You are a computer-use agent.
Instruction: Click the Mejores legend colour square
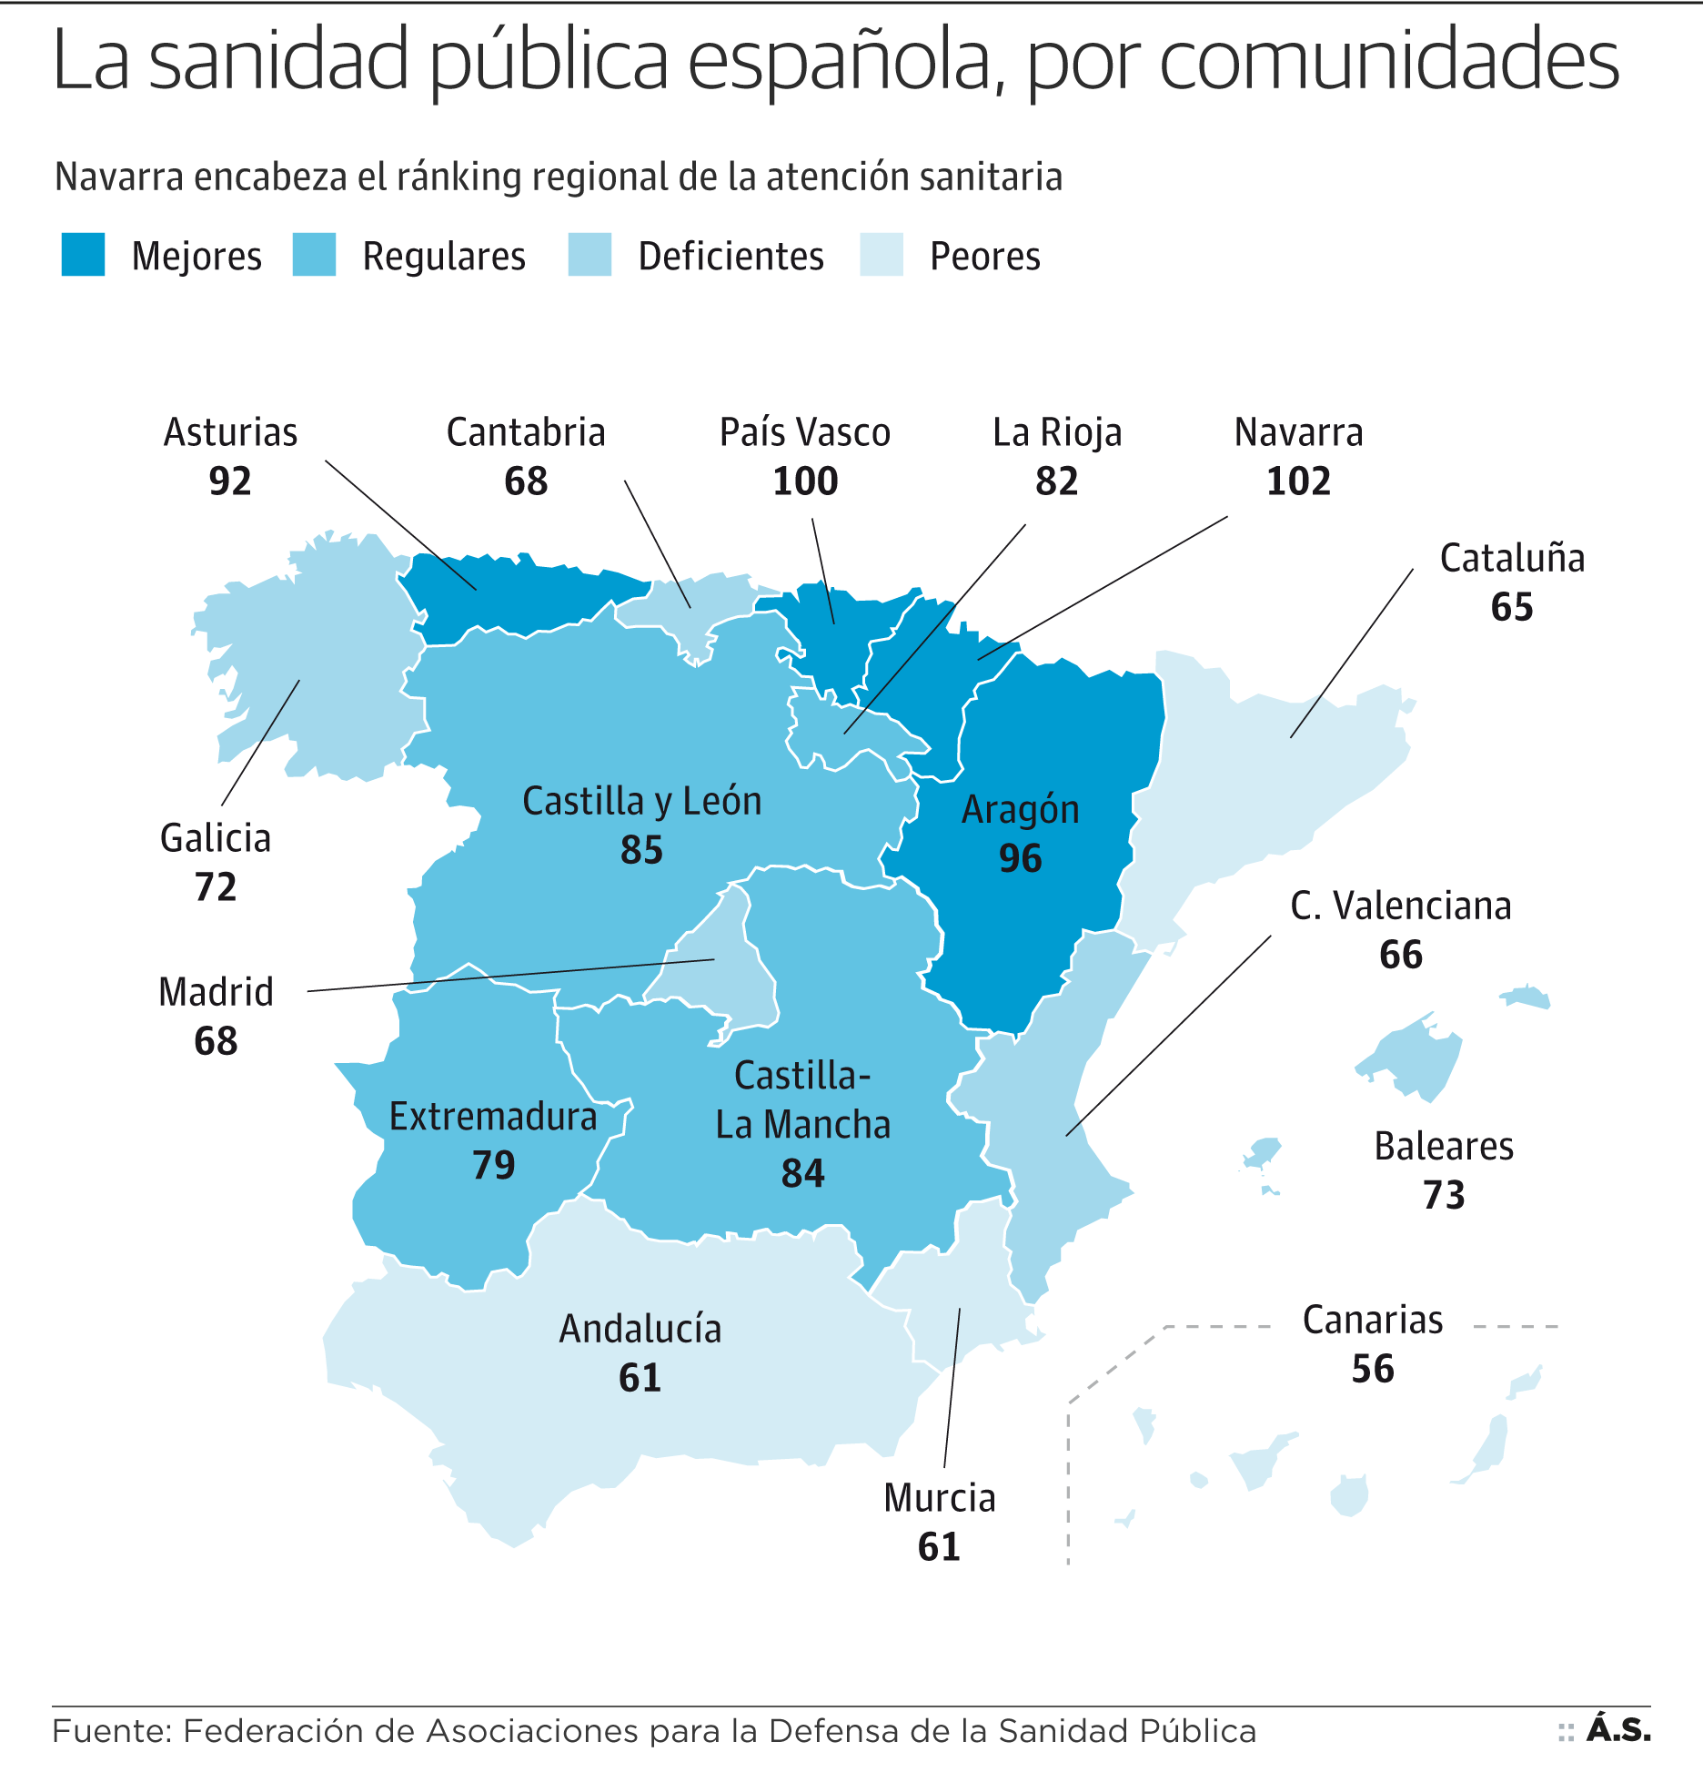[83, 255]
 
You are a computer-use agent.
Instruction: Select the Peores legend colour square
[881, 255]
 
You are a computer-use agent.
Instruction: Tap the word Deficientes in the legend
[731, 257]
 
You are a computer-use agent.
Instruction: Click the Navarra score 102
[1298, 481]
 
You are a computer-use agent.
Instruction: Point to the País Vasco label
[805, 433]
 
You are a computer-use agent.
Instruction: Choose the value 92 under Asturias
[230, 481]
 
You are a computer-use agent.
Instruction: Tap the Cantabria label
[526, 433]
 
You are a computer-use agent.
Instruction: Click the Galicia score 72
[216, 887]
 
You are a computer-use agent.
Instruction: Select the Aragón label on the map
[1020, 810]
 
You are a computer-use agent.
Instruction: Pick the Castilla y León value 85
[641, 851]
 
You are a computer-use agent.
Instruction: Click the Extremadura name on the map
[493, 1117]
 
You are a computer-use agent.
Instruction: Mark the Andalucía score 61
[640, 1378]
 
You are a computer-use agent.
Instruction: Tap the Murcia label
[940, 1498]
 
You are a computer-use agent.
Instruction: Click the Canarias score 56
[1373, 1369]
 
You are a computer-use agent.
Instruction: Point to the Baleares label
[1444, 1147]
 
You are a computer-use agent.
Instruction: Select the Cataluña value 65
[1512, 607]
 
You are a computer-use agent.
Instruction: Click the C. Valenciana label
[1401, 906]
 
